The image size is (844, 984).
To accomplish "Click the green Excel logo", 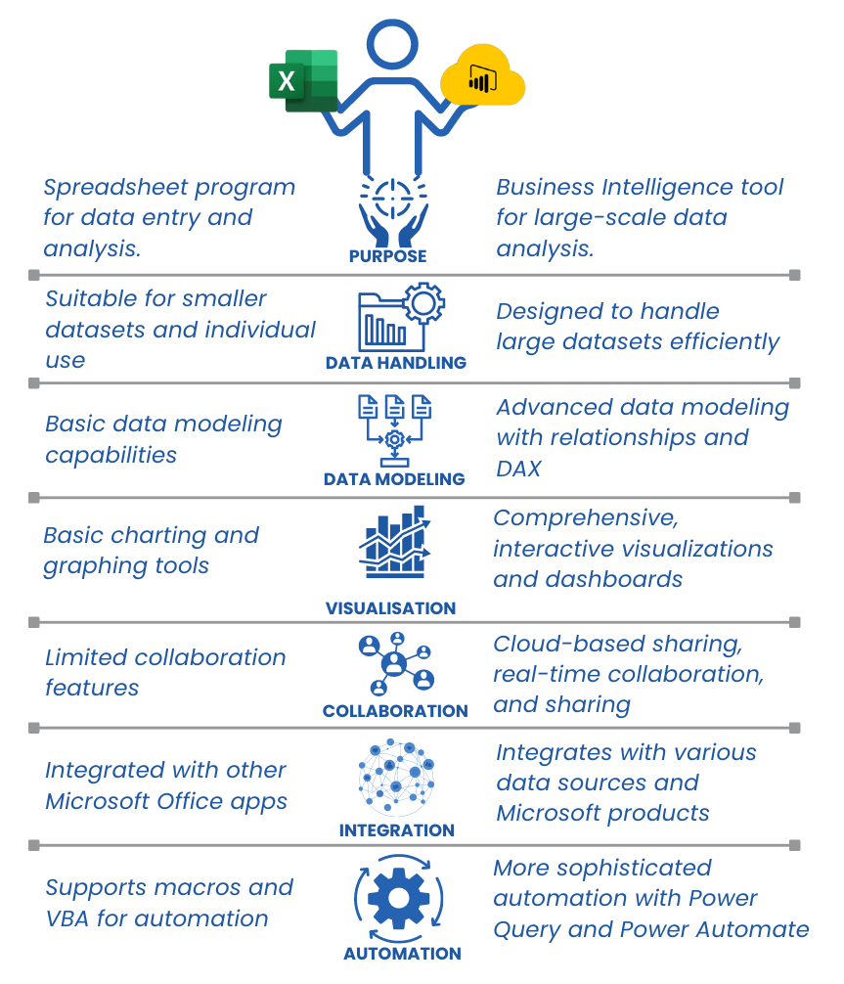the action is point(304,81).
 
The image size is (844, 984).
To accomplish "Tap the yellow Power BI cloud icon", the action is point(482,75).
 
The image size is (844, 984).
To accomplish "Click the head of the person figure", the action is point(392,44).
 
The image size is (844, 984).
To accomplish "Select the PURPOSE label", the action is point(388,256).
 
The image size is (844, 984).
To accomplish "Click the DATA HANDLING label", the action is point(396,363).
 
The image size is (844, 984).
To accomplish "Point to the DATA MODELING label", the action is point(394,479).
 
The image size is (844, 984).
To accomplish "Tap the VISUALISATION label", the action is point(390,608).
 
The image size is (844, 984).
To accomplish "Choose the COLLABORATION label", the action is point(395,711).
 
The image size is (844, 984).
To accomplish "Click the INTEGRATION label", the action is point(397,830).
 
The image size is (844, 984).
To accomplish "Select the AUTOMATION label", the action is point(402,954).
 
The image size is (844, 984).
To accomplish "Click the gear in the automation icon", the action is point(398,898).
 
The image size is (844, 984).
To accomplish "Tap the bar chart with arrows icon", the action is point(395,542).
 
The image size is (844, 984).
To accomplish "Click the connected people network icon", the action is point(397,664).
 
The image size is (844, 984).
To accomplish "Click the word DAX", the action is point(518,469).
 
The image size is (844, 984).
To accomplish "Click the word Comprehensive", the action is point(586,518).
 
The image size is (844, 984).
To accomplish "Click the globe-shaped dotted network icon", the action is point(396,775).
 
